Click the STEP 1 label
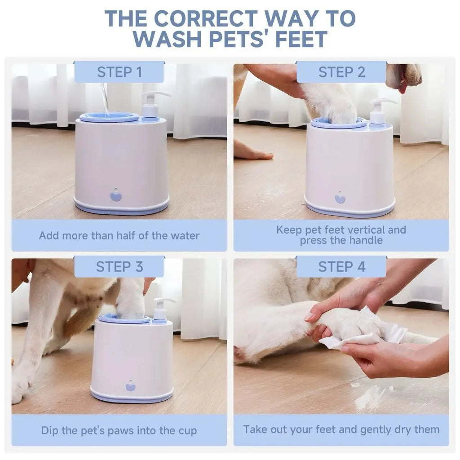click(x=119, y=72)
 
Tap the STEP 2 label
click(x=341, y=72)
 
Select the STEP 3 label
click(x=119, y=266)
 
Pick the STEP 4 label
click(x=341, y=266)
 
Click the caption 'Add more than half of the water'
click(x=119, y=235)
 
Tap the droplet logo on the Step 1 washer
click(x=116, y=195)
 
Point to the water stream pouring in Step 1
click(x=105, y=99)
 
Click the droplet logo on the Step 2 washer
click(x=340, y=198)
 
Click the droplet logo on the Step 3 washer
click(x=130, y=386)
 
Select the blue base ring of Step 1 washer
click(x=121, y=208)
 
